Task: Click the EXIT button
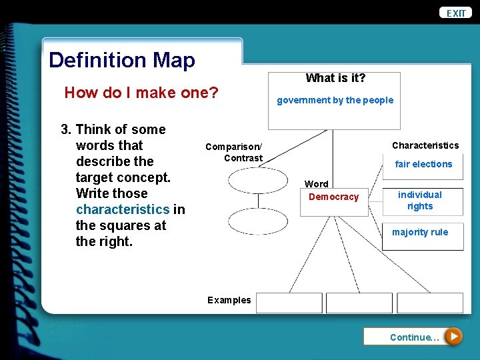tap(457, 13)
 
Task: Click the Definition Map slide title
tap(122, 61)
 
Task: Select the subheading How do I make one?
tap(141, 93)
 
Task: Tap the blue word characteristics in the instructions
tap(123, 209)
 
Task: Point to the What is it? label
tap(335, 78)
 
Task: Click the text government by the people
tap(335, 101)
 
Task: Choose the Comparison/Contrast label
tap(234, 152)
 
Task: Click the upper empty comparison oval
tap(257, 180)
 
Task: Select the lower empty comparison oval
tap(257, 221)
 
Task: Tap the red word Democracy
tap(333, 197)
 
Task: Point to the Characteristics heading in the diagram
tap(425, 145)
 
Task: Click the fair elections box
tap(423, 165)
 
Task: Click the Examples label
tap(229, 300)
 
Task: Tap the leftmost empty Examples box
tap(289, 303)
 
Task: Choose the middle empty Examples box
tap(359, 303)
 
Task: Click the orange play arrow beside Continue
tap(453, 337)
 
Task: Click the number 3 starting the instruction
tap(65, 129)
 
